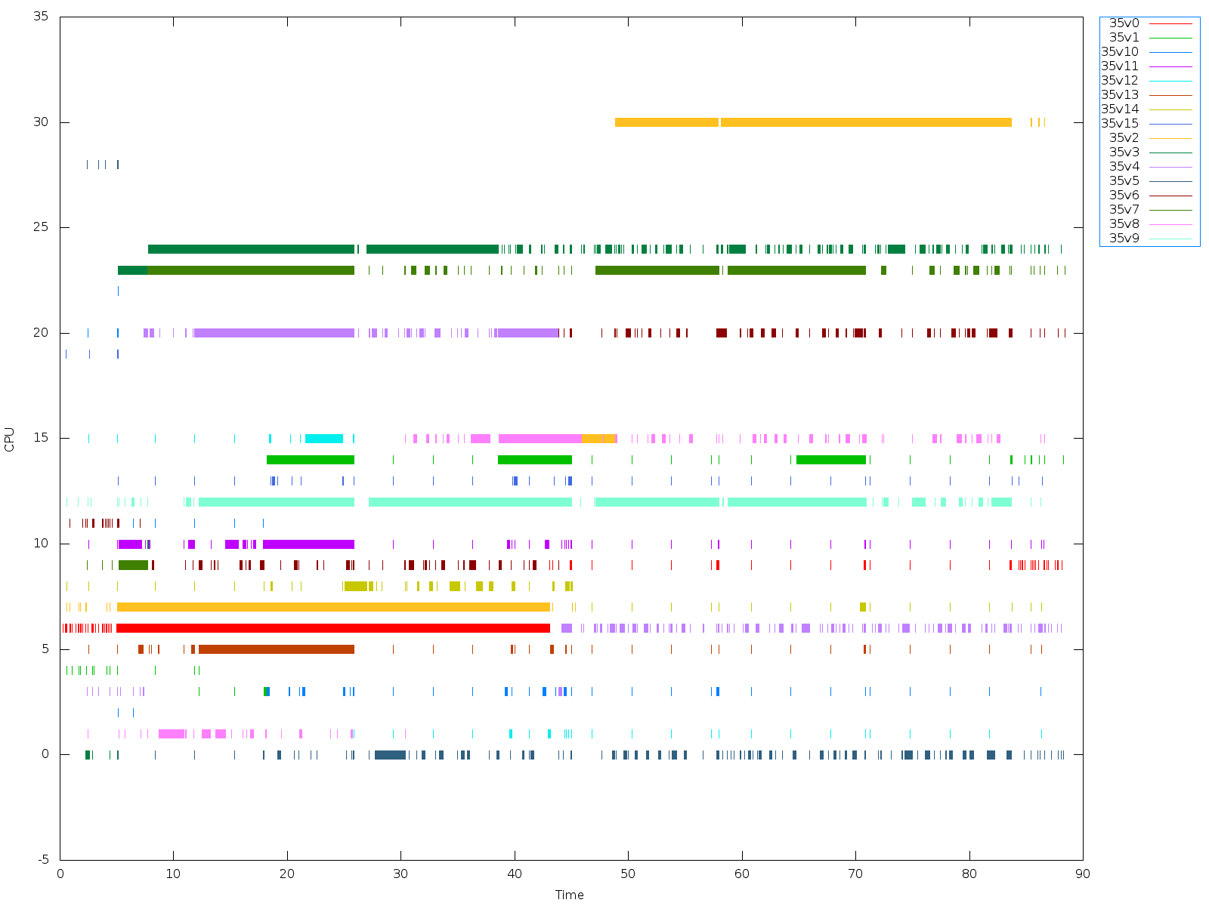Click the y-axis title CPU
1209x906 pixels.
[x=10, y=439]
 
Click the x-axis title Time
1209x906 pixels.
[x=569, y=895]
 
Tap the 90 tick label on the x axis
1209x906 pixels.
[x=1083, y=874]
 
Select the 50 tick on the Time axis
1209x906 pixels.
[x=628, y=874]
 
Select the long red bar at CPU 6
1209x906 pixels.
[x=332, y=628]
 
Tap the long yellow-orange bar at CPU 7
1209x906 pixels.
[x=332, y=607]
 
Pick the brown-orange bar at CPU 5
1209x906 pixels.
[x=276, y=649]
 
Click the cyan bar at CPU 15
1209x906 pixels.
[x=323, y=439]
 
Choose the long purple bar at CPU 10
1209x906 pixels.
[x=308, y=544]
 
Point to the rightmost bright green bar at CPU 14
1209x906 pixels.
[x=830, y=460]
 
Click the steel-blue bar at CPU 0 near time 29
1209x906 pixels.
[x=390, y=755]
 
